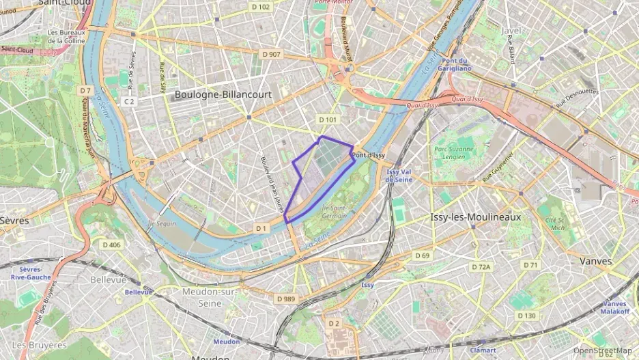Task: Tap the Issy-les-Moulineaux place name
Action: [x=476, y=217]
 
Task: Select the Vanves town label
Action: [x=595, y=261]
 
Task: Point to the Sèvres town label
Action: [x=15, y=221]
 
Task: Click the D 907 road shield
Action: [x=270, y=54]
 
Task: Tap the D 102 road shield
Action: [x=261, y=7]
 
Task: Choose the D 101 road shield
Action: [x=328, y=120]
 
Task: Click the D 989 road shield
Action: [x=286, y=299]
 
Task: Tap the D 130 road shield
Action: [x=526, y=316]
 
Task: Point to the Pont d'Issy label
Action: [x=369, y=155]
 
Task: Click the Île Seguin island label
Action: [x=161, y=223]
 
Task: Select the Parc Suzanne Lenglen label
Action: [x=454, y=152]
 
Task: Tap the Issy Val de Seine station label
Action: [x=399, y=176]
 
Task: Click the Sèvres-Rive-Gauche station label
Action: [x=31, y=273]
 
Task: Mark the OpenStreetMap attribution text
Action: [x=602, y=350]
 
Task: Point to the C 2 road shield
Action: [x=128, y=101]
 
